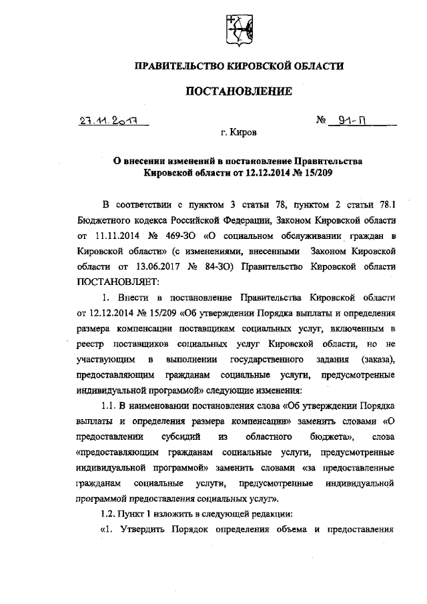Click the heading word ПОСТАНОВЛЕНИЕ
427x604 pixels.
pos(239,91)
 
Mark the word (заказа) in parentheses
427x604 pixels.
pos(378,360)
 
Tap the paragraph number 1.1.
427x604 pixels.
pos(109,406)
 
